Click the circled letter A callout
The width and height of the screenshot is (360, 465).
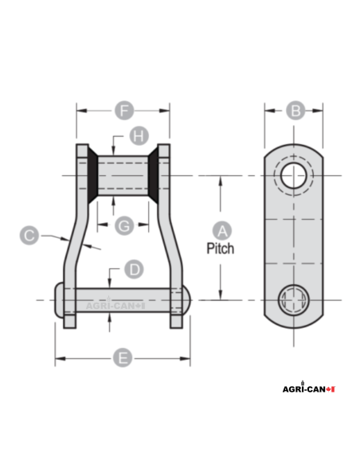(224, 230)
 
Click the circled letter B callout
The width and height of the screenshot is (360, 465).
(295, 111)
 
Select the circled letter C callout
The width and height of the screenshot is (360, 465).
(29, 235)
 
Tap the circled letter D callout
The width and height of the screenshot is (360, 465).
(135, 269)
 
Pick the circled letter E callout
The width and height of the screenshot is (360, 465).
(122, 358)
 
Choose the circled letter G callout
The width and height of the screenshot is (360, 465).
(124, 226)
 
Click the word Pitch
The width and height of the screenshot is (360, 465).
(221, 248)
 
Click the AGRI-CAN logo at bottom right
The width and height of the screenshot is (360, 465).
(309, 389)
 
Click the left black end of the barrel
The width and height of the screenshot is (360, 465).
(92, 175)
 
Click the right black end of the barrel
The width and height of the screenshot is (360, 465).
(154, 175)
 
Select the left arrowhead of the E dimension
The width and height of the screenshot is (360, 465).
(58, 358)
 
